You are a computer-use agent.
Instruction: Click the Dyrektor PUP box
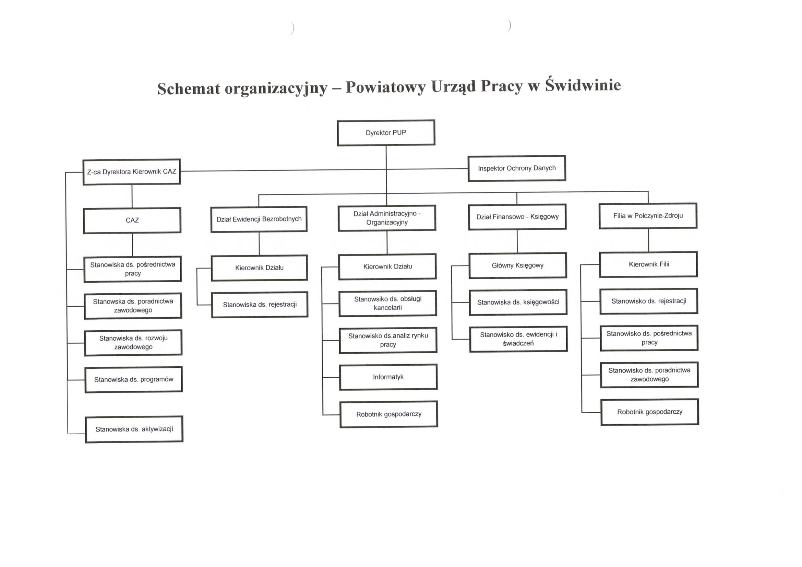coord(386,133)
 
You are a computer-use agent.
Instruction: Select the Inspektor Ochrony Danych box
coord(517,168)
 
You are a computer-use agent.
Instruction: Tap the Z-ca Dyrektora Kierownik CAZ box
coord(132,172)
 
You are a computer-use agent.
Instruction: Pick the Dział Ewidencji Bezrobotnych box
coord(259,219)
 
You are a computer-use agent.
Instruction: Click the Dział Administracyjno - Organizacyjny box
coord(387,218)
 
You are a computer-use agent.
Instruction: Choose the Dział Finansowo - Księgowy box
coord(517,216)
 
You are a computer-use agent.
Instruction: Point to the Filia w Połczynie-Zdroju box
coord(648,216)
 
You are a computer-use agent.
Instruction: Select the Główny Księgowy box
coord(518,265)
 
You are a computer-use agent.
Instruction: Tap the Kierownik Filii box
coord(649,264)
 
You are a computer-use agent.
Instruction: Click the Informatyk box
coord(388,377)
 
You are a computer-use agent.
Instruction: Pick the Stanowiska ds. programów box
coord(133,379)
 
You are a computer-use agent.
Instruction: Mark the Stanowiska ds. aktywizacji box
coord(134,429)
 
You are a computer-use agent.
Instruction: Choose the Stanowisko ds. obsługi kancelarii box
coord(388,303)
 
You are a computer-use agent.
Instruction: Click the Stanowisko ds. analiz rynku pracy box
coord(388,340)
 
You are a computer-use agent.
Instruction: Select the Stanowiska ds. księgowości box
coord(518,302)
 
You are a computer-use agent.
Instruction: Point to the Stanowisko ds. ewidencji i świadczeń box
coord(518,339)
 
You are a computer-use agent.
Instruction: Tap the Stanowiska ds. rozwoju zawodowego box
coord(133,343)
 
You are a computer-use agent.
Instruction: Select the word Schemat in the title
coord(189,88)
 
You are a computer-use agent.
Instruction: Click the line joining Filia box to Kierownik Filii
coord(649,240)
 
